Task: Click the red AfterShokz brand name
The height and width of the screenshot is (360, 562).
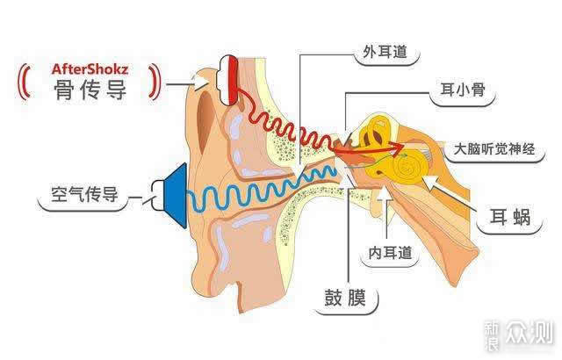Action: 90,68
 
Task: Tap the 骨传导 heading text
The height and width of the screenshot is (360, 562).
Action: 90,90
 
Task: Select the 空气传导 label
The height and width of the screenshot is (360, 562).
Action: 84,194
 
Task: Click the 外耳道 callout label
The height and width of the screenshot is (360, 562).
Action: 385,52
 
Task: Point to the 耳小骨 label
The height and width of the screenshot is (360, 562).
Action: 463,90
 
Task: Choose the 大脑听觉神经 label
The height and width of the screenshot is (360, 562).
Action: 494,149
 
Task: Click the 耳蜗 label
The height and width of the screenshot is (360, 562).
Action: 509,217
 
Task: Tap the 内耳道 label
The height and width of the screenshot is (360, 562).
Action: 390,253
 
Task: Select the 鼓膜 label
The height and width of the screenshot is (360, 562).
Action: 345,298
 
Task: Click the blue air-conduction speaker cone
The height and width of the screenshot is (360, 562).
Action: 176,196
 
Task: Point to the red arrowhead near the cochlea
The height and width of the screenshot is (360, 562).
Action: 396,148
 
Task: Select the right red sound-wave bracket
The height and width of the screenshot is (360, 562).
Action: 155,82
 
